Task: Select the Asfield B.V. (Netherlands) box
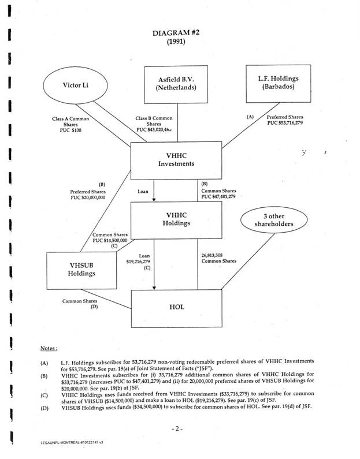[175, 84]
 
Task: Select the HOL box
[177, 307]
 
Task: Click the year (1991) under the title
[176, 42]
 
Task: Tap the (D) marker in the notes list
[44, 408]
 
